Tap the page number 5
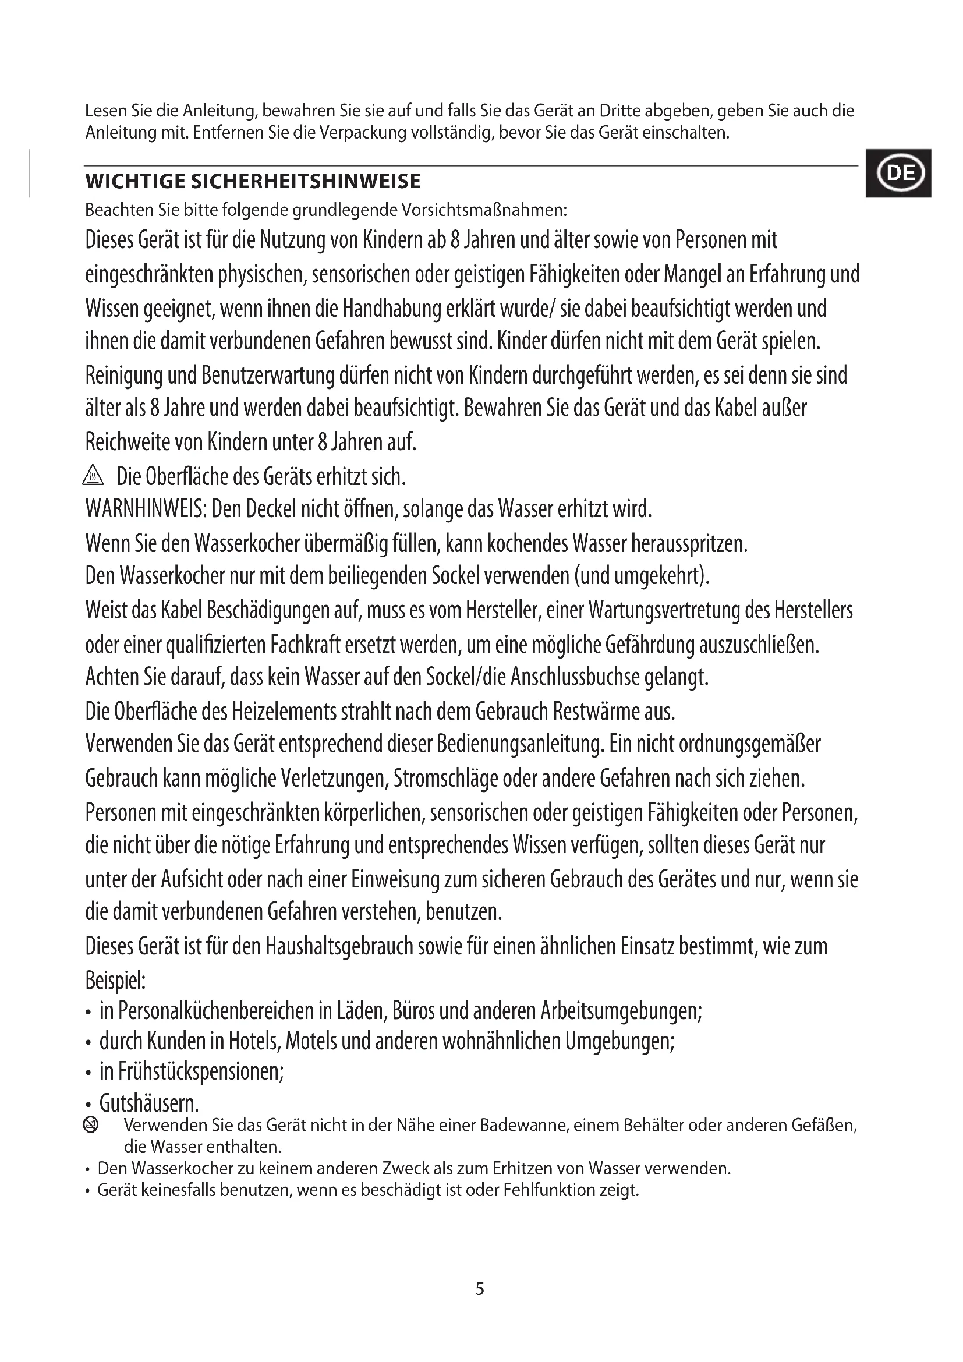(x=480, y=1289)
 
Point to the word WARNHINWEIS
(x=145, y=509)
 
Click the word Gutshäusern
(x=148, y=1103)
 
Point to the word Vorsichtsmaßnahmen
(x=484, y=210)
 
